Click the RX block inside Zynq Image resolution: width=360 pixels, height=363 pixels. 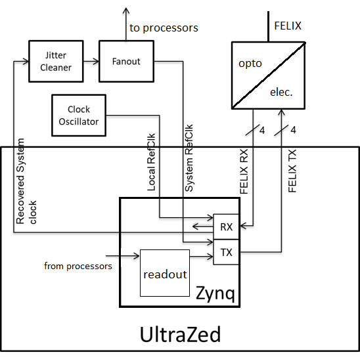226,227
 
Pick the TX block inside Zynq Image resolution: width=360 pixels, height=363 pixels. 226,252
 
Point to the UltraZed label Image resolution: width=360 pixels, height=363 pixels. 180,334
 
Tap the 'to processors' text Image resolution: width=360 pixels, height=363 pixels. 164,28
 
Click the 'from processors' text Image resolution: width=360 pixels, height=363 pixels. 78,267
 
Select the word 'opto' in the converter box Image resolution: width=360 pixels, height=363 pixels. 250,64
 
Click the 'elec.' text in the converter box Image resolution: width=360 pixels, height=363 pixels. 281,93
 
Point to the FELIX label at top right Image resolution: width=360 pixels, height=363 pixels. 288,26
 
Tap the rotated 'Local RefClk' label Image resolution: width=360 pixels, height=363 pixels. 151,162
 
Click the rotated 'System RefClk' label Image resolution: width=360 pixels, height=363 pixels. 189,158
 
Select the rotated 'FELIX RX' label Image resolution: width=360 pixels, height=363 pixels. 244,171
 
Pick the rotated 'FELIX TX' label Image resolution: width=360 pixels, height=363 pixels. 292,171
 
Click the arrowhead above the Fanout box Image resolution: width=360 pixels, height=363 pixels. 126,11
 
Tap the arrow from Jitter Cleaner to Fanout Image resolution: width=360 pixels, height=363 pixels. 91,62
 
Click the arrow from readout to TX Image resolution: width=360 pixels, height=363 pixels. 202,257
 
